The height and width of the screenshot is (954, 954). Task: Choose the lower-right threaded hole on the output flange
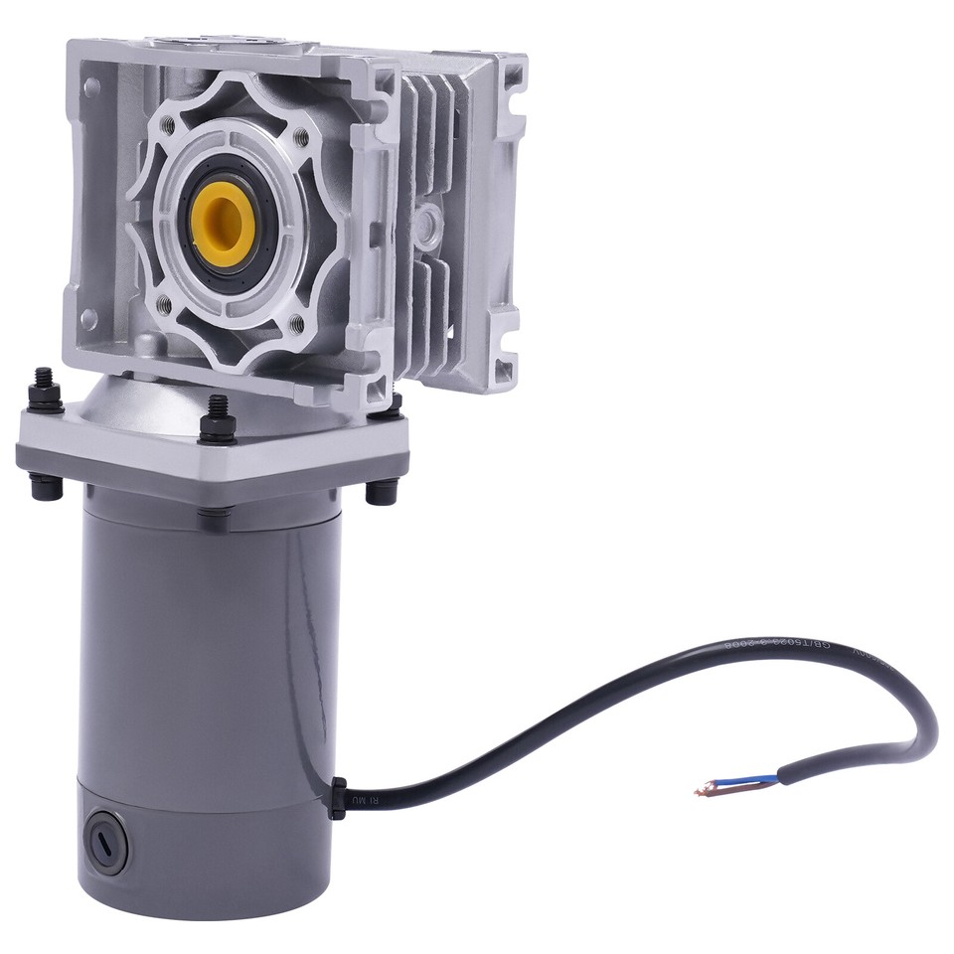(296, 322)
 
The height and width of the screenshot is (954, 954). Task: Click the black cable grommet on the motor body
(338, 797)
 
